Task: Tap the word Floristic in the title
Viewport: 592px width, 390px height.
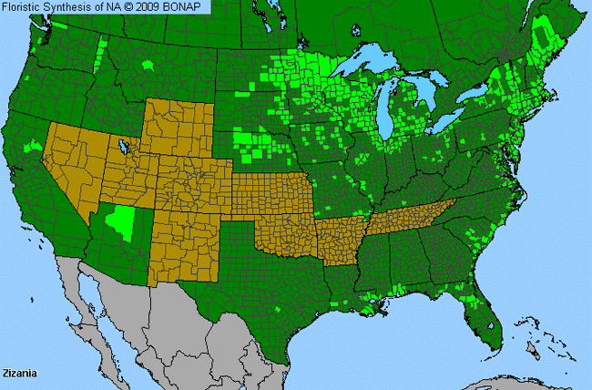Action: coord(26,7)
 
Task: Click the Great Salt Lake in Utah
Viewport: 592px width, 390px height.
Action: coord(119,146)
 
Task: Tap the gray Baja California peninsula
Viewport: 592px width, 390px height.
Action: coord(87,301)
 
